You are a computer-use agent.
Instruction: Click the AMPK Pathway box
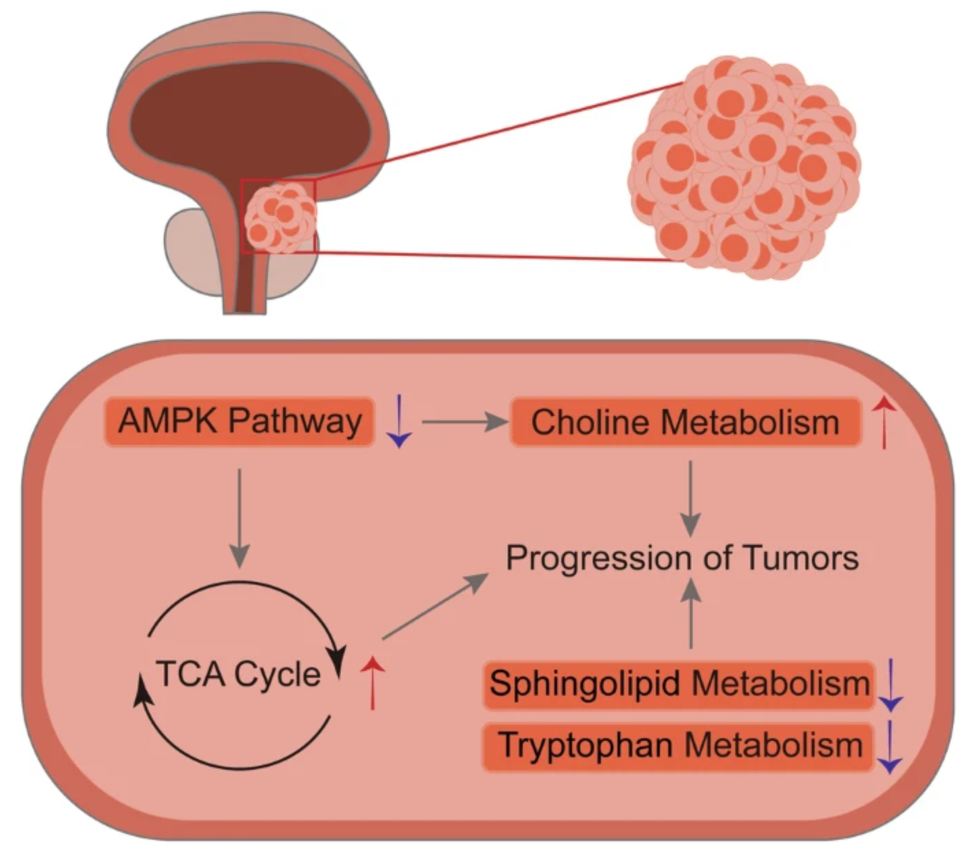pos(239,421)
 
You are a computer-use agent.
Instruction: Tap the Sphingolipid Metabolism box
pos(679,684)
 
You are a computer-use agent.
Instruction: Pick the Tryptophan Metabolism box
pos(679,746)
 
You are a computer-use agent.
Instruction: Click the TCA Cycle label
pos(238,674)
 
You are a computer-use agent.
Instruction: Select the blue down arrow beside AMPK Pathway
pos(399,422)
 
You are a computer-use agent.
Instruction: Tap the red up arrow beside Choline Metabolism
pos(885,422)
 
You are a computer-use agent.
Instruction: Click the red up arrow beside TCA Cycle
pos(372,681)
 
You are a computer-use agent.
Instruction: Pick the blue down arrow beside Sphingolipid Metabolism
pos(890,684)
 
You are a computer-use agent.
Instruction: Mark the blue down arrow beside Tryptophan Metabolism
pos(889,746)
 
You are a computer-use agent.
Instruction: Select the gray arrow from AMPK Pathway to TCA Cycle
pos(239,517)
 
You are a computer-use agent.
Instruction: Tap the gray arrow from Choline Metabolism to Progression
pos(691,497)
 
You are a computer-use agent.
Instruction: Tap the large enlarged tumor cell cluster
pos(743,168)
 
